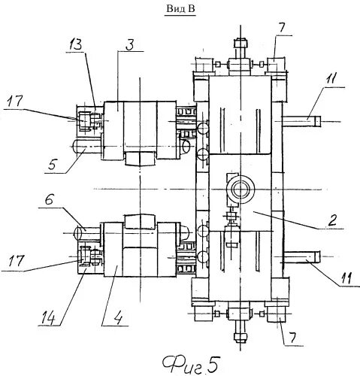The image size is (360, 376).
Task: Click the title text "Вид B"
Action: [180, 9]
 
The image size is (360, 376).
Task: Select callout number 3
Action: [130, 44]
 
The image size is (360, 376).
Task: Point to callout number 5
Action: [51, 165]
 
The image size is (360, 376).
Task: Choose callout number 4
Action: [117, 319]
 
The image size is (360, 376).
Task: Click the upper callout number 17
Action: [15, 102]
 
